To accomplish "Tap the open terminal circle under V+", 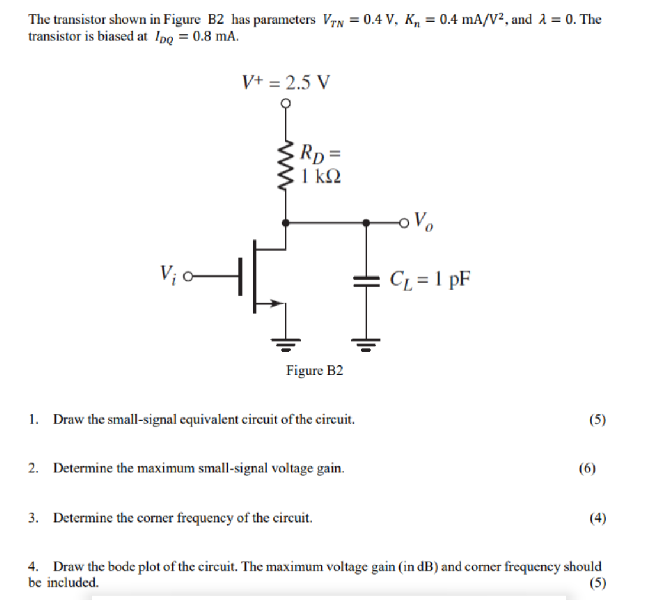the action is [286, 104].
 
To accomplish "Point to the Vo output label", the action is [424, 222].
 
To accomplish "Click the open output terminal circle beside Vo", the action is [404, 223].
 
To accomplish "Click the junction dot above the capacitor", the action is [366, 223].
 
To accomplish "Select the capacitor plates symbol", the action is [366, 280].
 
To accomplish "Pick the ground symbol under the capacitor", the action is [366, 343].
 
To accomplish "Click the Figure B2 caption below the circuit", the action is [314, 371].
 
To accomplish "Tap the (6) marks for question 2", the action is [587, 469].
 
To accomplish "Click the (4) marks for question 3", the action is [598, 518].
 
